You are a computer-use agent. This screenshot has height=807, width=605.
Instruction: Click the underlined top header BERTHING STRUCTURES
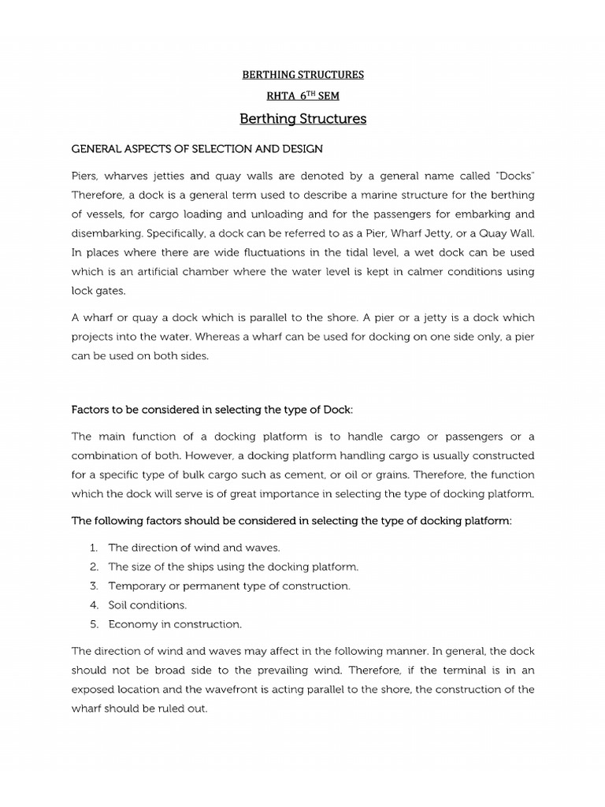(302, 75)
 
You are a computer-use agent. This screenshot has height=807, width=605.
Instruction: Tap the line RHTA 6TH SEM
(302, 97)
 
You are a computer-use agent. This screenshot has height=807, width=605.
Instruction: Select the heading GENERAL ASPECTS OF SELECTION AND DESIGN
(197, 148)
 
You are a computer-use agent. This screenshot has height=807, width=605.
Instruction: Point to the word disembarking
(106, 233)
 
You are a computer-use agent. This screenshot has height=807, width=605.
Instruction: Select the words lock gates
(98, 291)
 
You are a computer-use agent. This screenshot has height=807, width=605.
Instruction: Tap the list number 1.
(93, 547)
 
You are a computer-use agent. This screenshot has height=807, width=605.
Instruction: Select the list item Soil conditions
(147, 605)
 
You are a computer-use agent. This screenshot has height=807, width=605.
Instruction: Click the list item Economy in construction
(175, 624)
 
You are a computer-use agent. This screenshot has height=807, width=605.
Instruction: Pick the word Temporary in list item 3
(137, 586)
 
